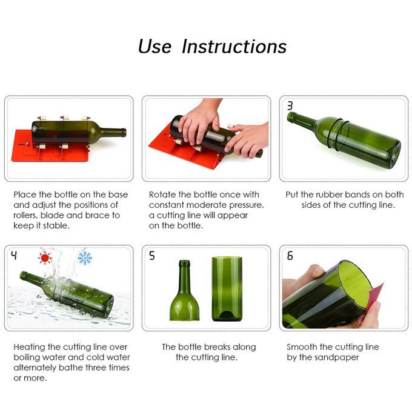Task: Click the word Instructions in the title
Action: [234, 47]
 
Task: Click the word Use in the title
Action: [154, 47]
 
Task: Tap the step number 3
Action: [290, 105]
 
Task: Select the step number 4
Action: [15, 255]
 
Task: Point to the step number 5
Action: [152, 256]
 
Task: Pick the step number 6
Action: [290, 256]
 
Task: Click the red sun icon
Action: [45, 258]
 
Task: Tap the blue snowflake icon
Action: [85, 258]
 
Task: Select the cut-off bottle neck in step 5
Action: [184, 291]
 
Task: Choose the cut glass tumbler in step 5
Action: [227, 289]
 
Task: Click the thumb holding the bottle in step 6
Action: [315, 271]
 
